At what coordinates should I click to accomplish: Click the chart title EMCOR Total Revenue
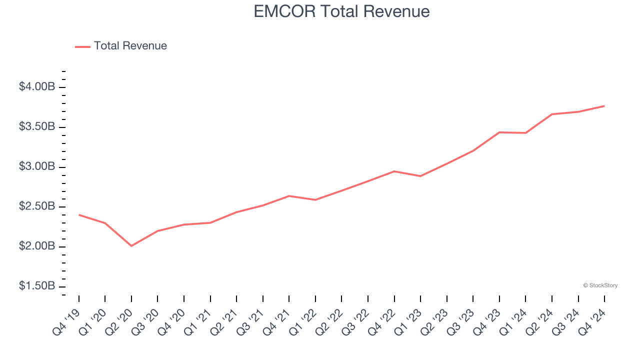click(341, 11)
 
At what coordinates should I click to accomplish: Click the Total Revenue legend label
click(130, 46)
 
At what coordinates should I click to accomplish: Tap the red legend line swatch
click(82, 46)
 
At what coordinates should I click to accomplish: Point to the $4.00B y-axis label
click(37, 87)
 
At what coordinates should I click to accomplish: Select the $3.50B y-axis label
click(37, 127)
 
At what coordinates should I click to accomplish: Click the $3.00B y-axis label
click(37, 166)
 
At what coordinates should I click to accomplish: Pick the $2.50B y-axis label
click(37, 206)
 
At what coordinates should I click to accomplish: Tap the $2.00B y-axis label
click(37, 246)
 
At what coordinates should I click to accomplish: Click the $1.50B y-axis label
click(37, 286)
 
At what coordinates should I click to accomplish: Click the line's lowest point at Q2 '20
click(131, 246)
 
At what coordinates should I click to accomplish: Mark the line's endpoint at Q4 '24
click(604, 106)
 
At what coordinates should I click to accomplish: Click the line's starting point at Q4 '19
click(79, 215)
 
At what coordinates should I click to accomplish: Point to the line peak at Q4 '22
click(394, 171)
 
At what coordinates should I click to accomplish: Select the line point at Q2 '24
click(551, 114)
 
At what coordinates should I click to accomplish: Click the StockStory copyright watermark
click(600, 285)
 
